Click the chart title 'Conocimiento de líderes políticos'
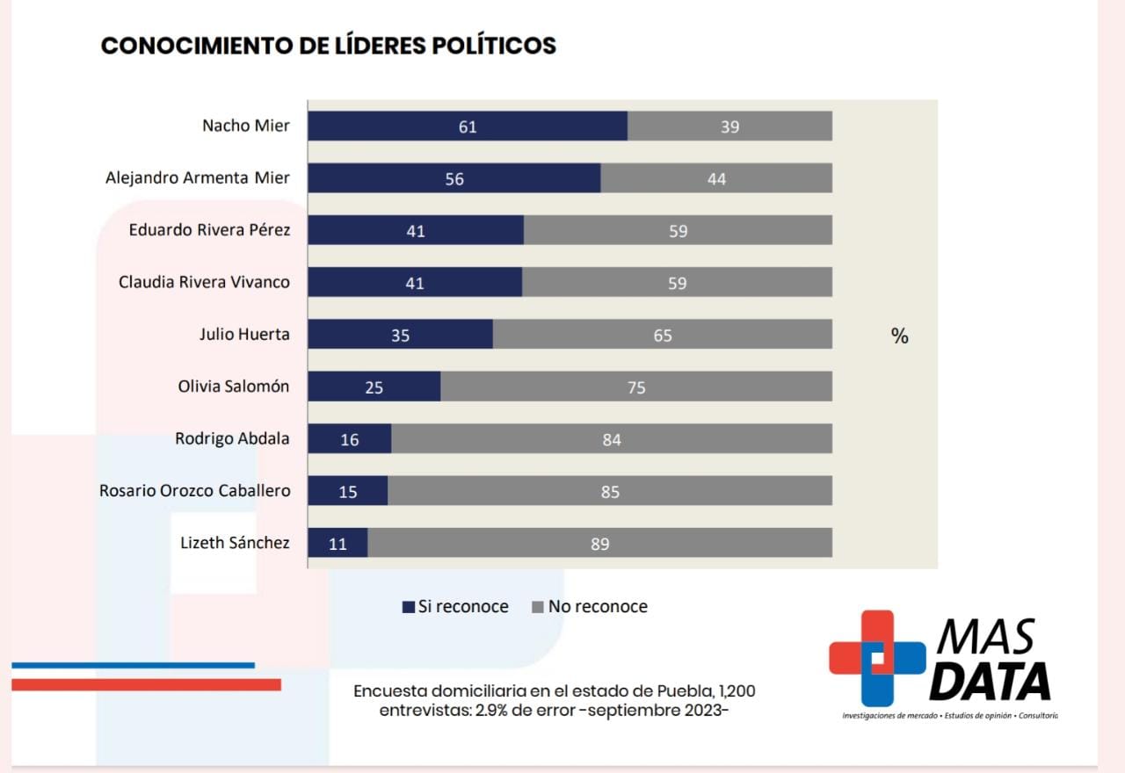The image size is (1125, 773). [329, 46]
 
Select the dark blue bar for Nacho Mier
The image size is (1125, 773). [467, 126]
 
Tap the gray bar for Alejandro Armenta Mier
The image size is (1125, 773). [716, 178]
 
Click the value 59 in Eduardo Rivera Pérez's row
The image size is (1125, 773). [677, 231]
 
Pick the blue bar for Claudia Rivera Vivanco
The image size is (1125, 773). [414, 283]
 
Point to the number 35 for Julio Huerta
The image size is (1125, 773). [400, 336]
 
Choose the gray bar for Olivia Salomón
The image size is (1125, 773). [636, 386]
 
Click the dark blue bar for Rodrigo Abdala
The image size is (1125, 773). [349, 439]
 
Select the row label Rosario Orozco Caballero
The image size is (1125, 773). [194, 491]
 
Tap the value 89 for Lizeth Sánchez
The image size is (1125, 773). [599, 544]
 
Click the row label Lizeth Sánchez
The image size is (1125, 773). [235, 543]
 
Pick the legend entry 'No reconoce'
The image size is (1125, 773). [590, 607]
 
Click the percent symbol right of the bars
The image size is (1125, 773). [899, 336]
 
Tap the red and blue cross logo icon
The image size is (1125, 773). [876, 658]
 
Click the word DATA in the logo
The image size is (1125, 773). [990, 682]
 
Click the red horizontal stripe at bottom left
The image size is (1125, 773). [146, 684]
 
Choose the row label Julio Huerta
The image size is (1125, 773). [244, 335]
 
